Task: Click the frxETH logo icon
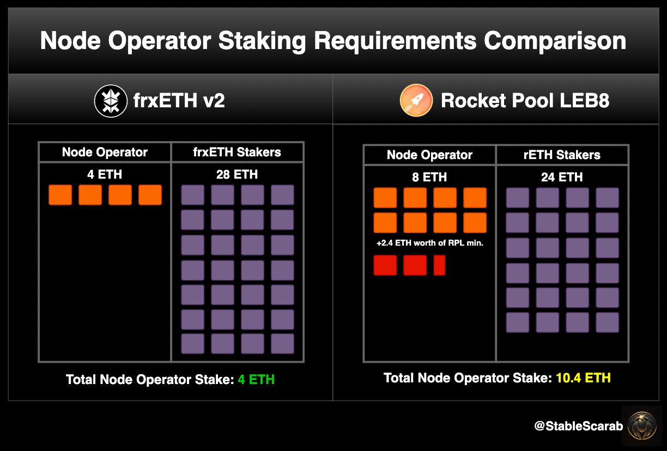pos(111,101)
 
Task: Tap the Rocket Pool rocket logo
pos(416,100)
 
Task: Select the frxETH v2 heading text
pos(179,100)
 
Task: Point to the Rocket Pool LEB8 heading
pos(525,100)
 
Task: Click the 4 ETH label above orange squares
pos(105,174)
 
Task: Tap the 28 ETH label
pos(237,174)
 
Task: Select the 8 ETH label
pos(429,177)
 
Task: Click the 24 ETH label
pos(562,177)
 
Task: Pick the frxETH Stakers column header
pos(237,152)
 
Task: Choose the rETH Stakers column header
pos(562,155)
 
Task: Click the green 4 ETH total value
pos(256,379)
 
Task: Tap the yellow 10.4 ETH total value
pos(583,378)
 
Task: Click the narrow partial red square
pos(439,265)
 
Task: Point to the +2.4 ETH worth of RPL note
pos(429,243)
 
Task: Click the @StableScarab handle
pos(579,426)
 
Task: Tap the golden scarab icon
pos(642,426)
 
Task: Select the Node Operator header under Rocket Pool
pos(429,155)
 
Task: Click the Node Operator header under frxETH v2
pos(105,152)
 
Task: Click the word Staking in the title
pos(262,41)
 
